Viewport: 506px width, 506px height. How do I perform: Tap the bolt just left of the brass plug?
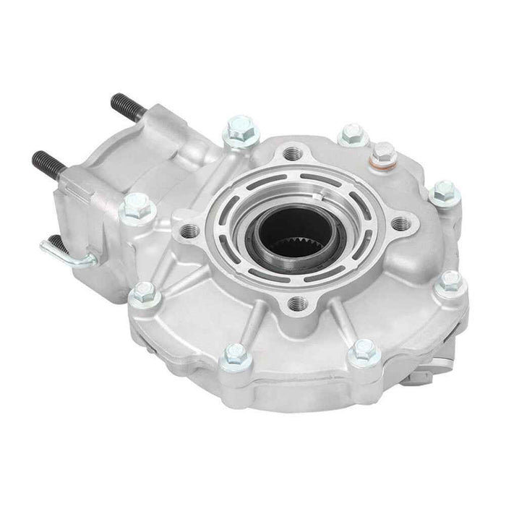(350, 133)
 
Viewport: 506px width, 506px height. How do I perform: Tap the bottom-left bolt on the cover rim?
(233, 353)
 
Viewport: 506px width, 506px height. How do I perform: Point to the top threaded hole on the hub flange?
(291, 154)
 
